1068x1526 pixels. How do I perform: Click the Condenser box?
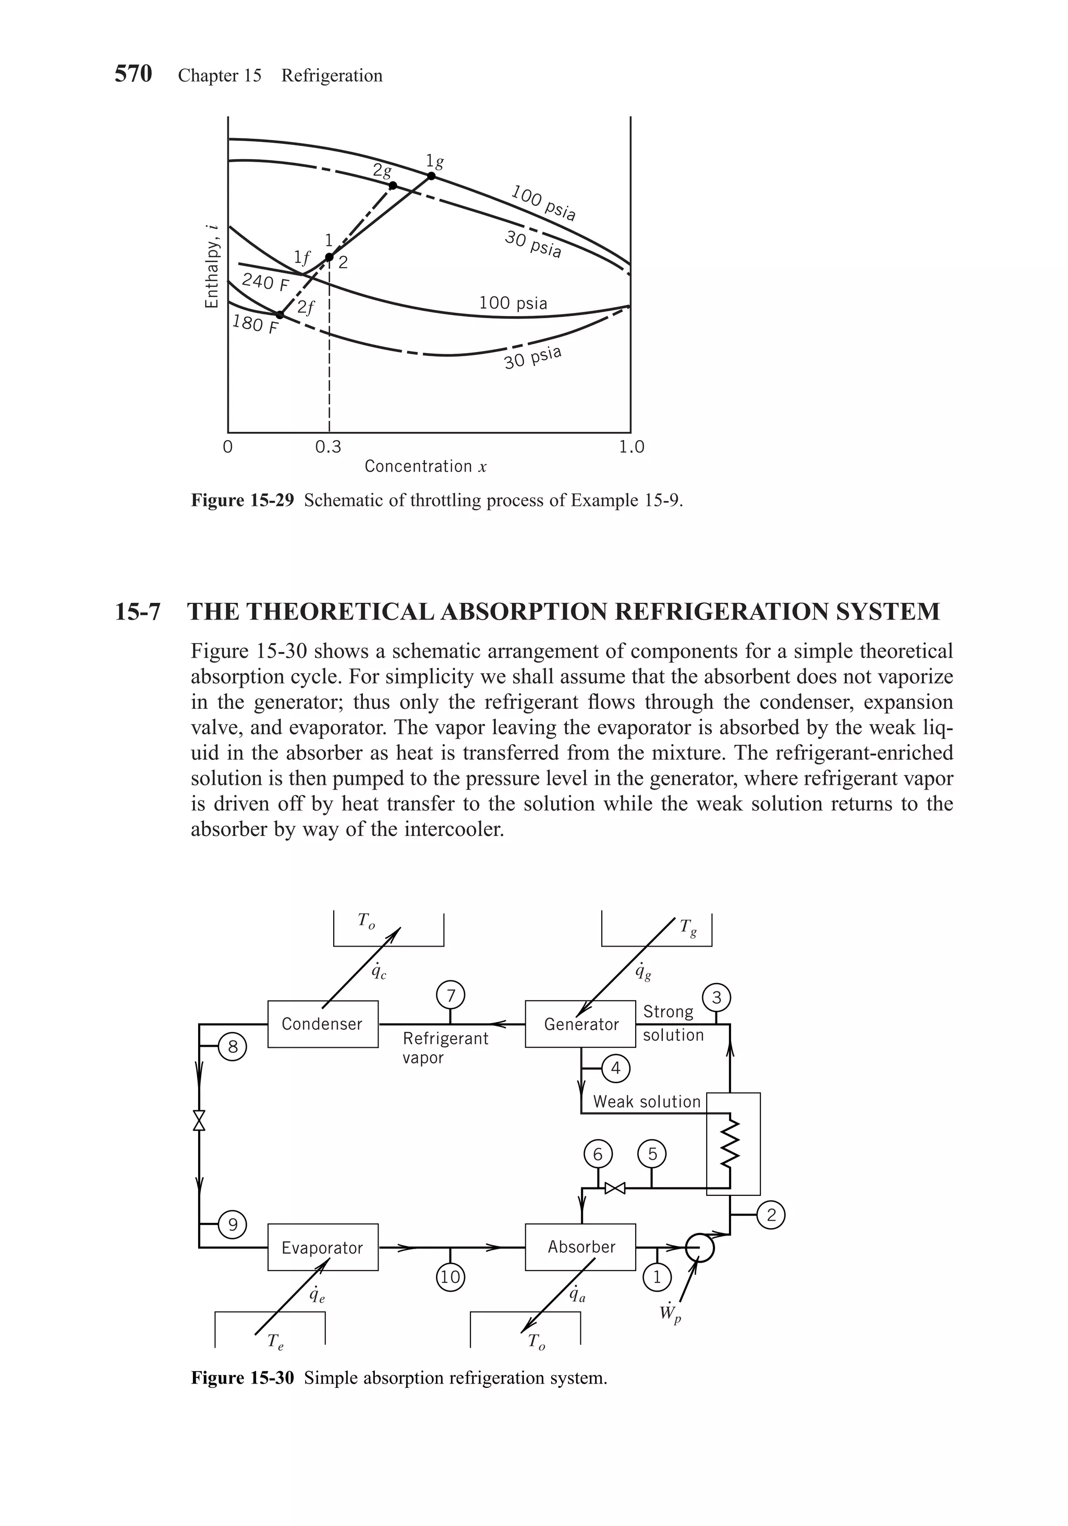pyautogui.click(x=322, y=1024)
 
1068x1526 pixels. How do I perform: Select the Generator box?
pyautogui.click(x=580, y=1024)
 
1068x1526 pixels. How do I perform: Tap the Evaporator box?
pyautogui.click(x=322, y=1248)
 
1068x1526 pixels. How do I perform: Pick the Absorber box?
pyautogui.click(x=580, y=1247)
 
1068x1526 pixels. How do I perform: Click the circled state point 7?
pyautogui.click(x=451, y=996)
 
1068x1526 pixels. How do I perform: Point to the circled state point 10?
pyautogui.click(x=451, y=1277)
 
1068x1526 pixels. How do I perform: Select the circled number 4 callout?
pyautogui.click(x=615, y=1068)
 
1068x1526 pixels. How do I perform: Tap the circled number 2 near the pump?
pyautogui.click(x=771, y=1215)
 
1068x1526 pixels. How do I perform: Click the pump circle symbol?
pyautogui.click(x=699, y=1247)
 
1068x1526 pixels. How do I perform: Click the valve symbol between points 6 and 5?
pyautogui.click(x=615, y=1188)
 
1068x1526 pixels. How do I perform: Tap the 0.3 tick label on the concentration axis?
pyautogui.click(x=329, y=447)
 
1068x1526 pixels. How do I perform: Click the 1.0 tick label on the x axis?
pyautogui.click(x=632, y=447)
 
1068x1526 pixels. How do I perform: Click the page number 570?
pyautogui.click(x=133, y=74)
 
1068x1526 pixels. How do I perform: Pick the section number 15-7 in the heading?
pyautogui.click(x=138, y=611)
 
